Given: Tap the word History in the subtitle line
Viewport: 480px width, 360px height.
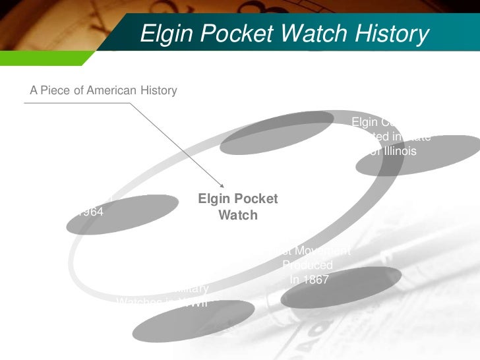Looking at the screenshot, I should pyautogui.click(x=158, y=90).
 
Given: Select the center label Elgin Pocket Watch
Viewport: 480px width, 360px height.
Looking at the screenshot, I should pyautogui.click(x=238, y=207).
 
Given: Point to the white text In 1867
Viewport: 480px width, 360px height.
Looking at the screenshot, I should pyautogui.click(x=309, y=279).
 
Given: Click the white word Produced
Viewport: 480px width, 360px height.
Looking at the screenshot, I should pyautogui.click(x=307, y=265).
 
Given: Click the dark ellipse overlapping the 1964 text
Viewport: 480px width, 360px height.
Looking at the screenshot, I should pyautogui.click(x=123, y=214).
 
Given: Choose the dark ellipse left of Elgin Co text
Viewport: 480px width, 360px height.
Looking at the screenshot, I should pyautogui.click(x=277, y=133).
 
